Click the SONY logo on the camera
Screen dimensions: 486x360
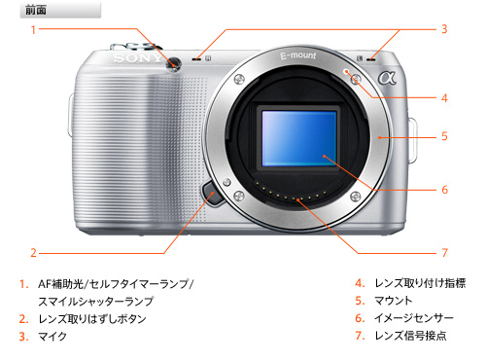pyautogui.click(x=138, y=58)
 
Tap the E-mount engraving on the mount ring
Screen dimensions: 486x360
pyautogui.click(x=298, y=55)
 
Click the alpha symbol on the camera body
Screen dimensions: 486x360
pyautogui.click(x=387, y=78)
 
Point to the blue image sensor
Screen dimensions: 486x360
pyautogui.click(x=299, y=138)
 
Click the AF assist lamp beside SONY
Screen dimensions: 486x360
pyautogui.click(x=173, y=64)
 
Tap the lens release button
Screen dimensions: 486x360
pyautogui.click(x=213, y=194)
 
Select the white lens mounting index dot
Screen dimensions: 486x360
pyautogui.click(x=346, y=71)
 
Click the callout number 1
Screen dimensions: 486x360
pyautogui.click(x=33, y=30)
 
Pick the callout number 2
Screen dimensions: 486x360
pyautogui.click(x=33, y=253)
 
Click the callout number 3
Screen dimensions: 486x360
pyautogui.click(x=444, y=29)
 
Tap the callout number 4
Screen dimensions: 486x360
pyautogui.click(x=444, y=98)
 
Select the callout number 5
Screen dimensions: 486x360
pyautogui.click(x=444, y=136)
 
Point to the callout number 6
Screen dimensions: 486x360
pyautogui.click(x=445, y=190)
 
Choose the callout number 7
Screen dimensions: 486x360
pyautogui.click(x=445, y=253)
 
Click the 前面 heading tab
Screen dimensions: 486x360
pyautogui.click(x=60, y=10)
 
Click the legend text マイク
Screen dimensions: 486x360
pyautogui.click(x=52, y=337)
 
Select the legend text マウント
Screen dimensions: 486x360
pyautogui.click(x=394, y=301)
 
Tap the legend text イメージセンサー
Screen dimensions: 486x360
pyautogui.click(x=414, y=318)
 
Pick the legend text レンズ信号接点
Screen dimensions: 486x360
pyautogui.click(x=410, y=336)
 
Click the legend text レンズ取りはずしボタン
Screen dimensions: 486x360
pyautogui.click(x=92, y=319)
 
